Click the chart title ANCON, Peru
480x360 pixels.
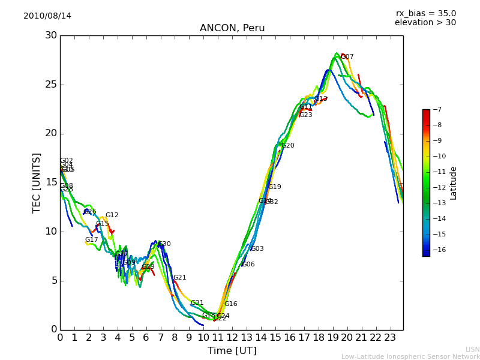click(x=232, y=28)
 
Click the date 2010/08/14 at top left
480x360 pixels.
click(x=47, y=16)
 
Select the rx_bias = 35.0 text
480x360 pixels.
click(x=425, y=13)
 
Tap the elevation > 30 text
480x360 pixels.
click(x=425, y=23)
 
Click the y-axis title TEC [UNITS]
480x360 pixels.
click(x=37, y=182)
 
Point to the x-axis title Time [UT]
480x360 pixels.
click(x=232, y=351)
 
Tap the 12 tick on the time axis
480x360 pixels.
click(x=232, y=337)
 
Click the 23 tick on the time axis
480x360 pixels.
click(x=390, y=337)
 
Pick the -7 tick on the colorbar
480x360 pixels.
click(x=436, y=110)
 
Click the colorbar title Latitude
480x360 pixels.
click(x=454, y=183)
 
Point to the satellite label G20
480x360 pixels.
click(x=288, y=146)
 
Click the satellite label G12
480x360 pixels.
click(x=112, y=215)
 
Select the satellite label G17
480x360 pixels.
click(x=91, y=240)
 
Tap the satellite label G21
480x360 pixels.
click(x=180, y=278)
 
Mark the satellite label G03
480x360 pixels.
click(x=257, y=249)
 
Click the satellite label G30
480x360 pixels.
click(x=164, y=244)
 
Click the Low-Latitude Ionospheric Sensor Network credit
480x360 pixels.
click(x=410, y=356)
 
